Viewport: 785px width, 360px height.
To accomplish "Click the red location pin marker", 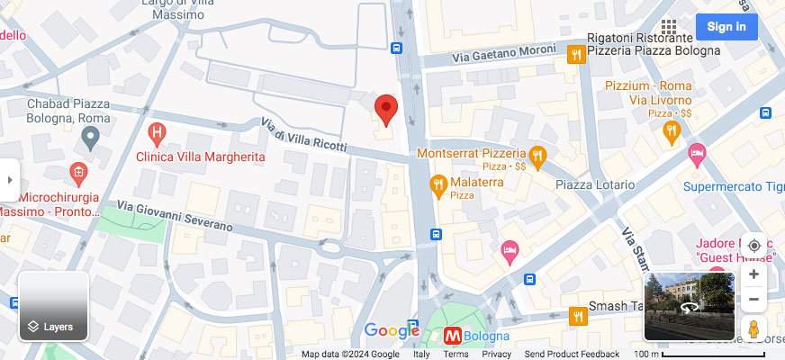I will pos(386,109).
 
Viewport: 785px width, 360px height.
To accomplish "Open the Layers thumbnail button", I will pos(53,306).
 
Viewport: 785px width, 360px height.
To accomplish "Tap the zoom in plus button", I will pos(753,274).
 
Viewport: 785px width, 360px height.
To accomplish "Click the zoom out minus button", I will pos(753,299).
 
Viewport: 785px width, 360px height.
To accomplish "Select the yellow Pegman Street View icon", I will pos(754,329).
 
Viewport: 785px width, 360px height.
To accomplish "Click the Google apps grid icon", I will pos(668,27).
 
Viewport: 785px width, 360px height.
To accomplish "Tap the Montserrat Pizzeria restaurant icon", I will pos(537,156).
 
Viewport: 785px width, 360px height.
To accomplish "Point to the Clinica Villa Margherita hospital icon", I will pos(158,136).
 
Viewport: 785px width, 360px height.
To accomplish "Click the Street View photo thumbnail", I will pos(690,306).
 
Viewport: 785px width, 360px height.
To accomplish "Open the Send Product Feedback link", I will pos(572,355).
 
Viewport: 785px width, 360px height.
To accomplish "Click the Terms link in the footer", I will pos(456,355).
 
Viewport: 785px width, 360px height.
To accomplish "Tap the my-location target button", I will pos(753,246).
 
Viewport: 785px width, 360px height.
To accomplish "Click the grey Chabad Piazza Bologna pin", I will pos(89,138).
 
